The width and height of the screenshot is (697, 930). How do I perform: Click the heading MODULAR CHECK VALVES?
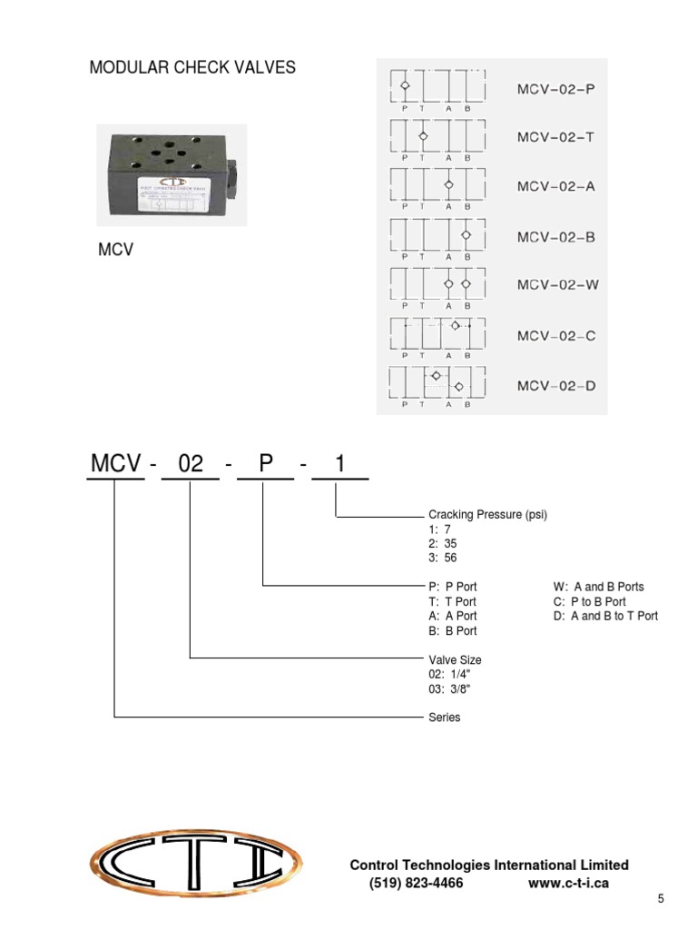[x=192, y=68]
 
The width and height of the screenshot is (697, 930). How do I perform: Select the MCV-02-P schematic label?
[x=556, y=89]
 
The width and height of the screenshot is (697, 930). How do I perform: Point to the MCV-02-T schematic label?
[x=556, y=138]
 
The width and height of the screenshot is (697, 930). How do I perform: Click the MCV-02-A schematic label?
[x=556, y=186]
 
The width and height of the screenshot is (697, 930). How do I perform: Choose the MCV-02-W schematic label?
[x=558, y=284]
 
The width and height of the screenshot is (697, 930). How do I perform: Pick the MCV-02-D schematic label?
[x=556, y=386]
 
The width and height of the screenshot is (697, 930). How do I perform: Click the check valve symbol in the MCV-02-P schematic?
[x=405, y=86]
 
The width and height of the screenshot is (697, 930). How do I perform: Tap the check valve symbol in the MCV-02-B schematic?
[x=466, y=235]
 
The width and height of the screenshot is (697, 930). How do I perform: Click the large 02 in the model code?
[x=191, y=464]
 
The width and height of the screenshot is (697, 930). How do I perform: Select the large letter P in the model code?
[x=265, y=464]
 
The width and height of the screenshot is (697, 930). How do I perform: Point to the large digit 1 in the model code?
[x=339, y=464]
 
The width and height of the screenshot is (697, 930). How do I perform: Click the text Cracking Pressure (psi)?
[x=487, y=515]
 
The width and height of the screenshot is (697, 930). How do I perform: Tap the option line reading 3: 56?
[x=443, y=559]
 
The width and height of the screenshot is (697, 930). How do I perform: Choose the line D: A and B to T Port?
[x=605, y=616]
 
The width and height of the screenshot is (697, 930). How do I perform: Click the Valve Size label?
[x=455, y=660]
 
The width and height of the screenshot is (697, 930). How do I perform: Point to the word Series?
[x=444, y=717]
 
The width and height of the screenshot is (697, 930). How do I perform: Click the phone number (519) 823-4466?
[x=416, y=883]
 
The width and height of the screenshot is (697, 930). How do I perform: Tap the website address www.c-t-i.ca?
[x=567, y=883]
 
